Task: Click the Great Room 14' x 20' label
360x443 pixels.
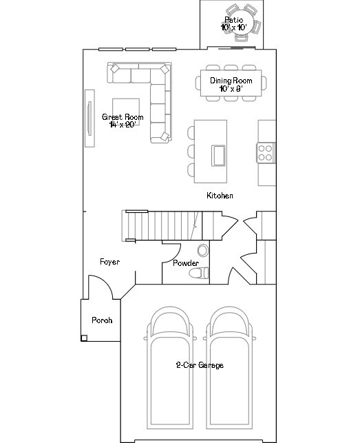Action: [x=123, y=121]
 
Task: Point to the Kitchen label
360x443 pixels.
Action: [x=220, y=196]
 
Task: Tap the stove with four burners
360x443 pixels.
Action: [x=266, y=152]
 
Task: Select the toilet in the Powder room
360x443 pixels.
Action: [x=200, y=274]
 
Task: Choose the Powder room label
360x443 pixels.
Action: [x=186, y=263]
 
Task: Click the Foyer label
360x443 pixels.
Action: [x=109, y=262]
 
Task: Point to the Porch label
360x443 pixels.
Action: [x=101, y=320]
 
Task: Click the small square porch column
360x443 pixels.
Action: [x=84, y=338]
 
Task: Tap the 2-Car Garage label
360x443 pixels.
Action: [x=199, y=365]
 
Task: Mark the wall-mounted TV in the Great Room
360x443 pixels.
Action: [x=89, y=119]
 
